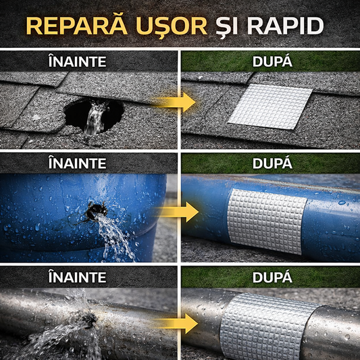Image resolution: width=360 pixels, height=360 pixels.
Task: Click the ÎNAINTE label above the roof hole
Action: click(77, 61)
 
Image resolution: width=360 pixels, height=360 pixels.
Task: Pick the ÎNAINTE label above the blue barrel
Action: click(77, 163)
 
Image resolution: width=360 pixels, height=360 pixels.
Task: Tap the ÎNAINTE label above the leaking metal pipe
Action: click(77, 277)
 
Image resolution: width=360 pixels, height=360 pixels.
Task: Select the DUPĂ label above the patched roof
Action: click(271, 61)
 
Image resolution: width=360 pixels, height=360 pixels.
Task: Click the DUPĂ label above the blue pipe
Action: click(271, 163)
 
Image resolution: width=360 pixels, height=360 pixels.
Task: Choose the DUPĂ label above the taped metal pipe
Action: click(271, 277)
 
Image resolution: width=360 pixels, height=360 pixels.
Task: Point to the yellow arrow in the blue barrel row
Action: click(177, 211)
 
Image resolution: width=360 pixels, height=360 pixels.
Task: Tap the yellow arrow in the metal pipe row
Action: click(177, 323)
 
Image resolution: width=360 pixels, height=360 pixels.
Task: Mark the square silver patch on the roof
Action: click(270, 105)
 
